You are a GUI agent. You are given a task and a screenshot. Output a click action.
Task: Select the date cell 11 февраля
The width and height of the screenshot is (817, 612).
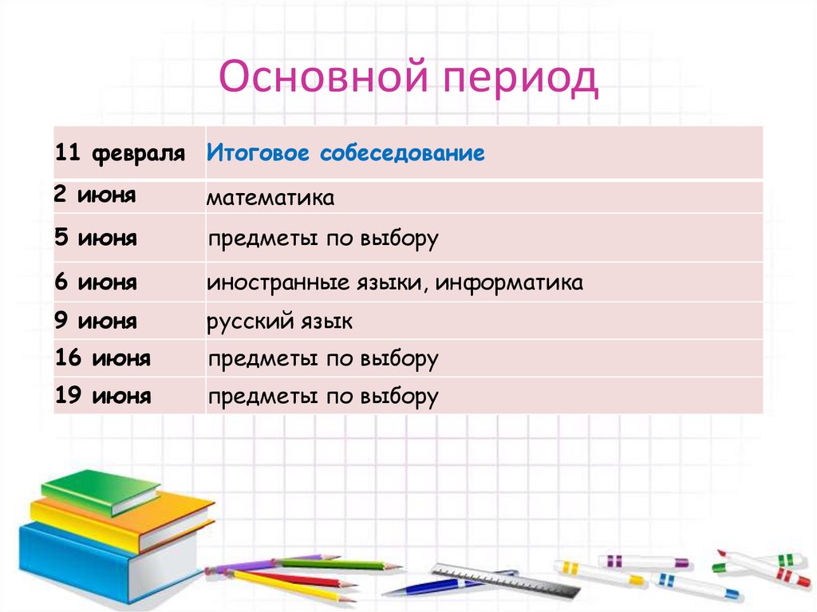tap(120, 153)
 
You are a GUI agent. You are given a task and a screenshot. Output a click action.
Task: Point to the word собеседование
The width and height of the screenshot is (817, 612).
tap(402, 153)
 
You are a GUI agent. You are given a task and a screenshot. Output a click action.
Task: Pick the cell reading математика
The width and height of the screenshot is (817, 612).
tap(270, 198)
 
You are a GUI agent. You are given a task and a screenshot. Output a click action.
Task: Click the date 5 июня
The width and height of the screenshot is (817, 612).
tap(96, 239)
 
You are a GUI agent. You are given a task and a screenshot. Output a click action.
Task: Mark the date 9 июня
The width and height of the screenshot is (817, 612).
tap(96, 322)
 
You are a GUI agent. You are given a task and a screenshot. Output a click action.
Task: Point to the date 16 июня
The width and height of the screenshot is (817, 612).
tap(103, 359)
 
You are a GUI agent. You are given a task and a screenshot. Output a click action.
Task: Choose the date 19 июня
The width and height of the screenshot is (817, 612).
tap(103, 396)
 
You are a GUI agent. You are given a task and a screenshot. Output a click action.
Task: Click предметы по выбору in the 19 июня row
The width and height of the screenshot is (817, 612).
tap(323, 397)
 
